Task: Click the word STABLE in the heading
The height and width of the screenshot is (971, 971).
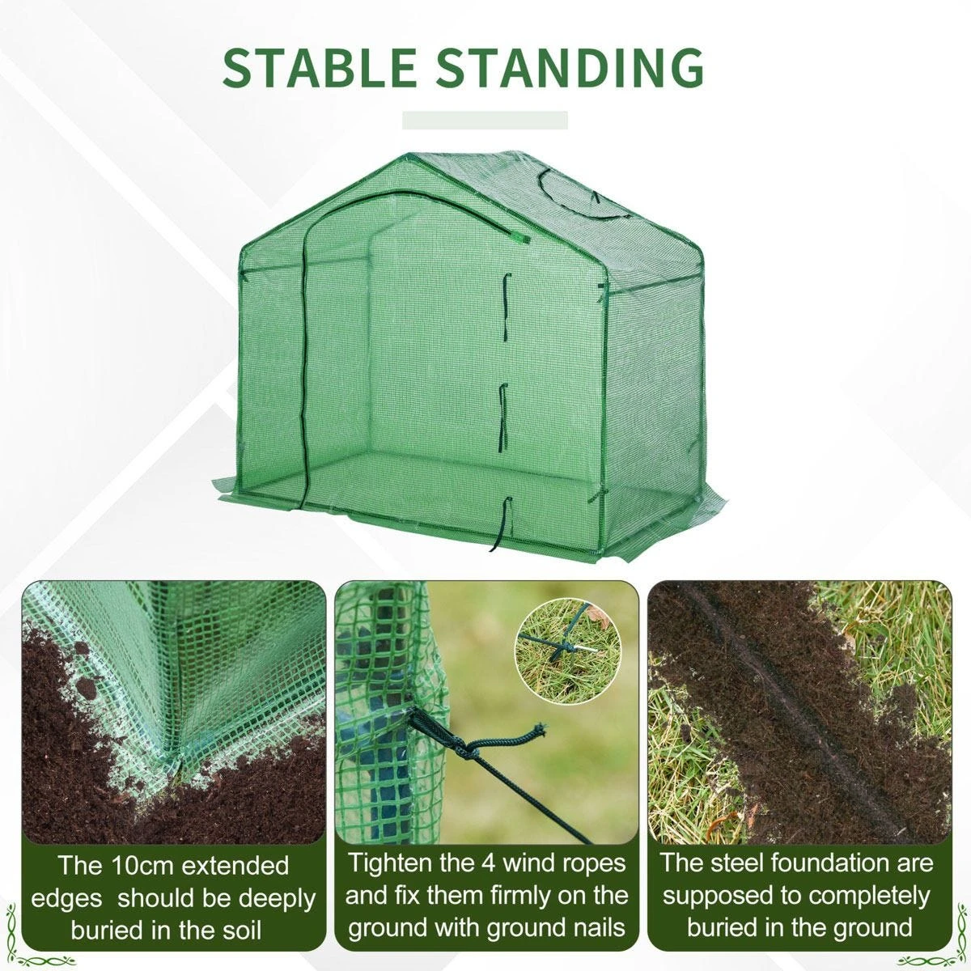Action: click(x=319, y=67)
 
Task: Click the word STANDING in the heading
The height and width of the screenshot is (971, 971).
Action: click(x=570, y=67)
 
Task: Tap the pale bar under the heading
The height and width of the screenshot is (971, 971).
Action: click(x=485, y=120)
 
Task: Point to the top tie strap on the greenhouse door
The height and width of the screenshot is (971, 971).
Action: click(x=505, y=297)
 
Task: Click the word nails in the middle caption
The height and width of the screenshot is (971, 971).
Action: click(x=596, y=927)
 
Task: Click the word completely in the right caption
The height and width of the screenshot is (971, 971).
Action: click(x=864, y=896)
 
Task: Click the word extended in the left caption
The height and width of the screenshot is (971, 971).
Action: click(x=235, y=865)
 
